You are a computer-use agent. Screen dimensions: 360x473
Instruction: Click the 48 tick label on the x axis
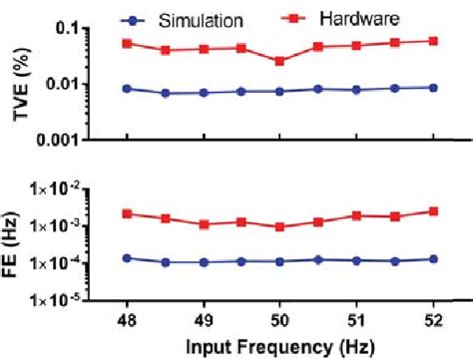tap(127, 321)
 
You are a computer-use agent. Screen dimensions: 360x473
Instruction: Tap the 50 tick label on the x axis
tap(279, 321)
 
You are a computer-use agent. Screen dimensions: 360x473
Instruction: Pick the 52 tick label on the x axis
tap(431, 321)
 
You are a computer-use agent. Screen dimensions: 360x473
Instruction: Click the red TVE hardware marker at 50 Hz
tap(279, 61)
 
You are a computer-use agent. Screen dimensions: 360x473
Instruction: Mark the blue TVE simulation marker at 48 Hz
tap(127, 89)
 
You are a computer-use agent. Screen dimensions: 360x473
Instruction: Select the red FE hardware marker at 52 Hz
tap(431, 211)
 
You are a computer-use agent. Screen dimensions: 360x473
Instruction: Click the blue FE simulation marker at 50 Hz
tap(279, 262)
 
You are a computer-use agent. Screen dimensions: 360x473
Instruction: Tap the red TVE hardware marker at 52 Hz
tap(431, 41)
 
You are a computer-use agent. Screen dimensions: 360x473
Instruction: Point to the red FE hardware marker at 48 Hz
tap(127, 213)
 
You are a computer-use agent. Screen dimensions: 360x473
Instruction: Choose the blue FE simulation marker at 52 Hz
tap(431, 259)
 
